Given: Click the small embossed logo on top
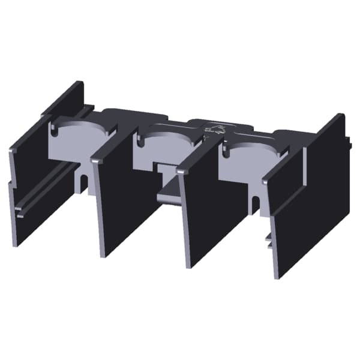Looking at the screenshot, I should coord(212,129).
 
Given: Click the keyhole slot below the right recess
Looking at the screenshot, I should coord(256,204).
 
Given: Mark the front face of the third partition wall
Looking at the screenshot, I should coord(207,216).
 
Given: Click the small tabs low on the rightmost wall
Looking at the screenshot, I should coord(269,240).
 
